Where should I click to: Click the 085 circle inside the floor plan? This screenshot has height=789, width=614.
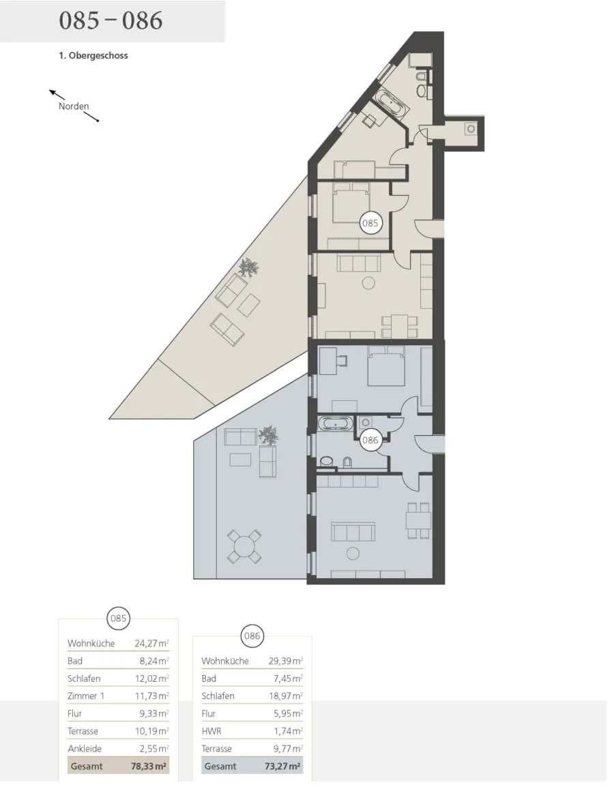370,222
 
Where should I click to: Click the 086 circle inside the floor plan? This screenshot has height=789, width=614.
370,441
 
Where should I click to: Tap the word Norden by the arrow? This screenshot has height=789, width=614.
74,106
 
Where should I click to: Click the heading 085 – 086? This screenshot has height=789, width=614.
111,20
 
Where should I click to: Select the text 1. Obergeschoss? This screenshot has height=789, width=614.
93,55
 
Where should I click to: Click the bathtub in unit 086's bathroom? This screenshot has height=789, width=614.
336,423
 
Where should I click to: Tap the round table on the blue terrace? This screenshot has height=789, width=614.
244,546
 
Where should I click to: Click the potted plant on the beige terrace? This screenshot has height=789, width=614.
248,267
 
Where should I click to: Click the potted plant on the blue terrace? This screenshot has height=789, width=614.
267,435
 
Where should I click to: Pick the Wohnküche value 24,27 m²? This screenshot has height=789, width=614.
151,643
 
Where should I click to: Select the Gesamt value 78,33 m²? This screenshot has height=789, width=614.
149,766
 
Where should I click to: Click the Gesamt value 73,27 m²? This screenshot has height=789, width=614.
282,766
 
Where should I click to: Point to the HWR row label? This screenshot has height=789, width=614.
211,730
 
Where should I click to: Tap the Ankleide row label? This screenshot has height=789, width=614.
85,748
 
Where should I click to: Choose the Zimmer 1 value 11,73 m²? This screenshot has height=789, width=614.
151,696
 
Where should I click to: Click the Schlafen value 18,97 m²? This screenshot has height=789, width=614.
286,696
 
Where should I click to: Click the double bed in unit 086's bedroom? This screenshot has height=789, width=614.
386,366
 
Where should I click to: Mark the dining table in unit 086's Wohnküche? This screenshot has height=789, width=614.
418,520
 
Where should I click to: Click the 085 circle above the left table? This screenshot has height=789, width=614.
118,619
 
